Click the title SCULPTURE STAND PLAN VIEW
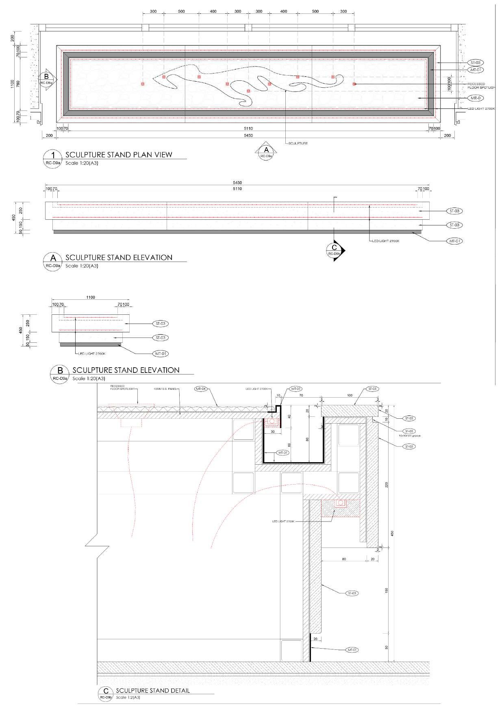click(119, 154)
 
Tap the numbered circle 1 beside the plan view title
click(52, 155)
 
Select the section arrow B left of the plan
click(47, 78)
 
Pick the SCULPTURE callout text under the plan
click(298, 143)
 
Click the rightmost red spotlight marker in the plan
click(354, 84)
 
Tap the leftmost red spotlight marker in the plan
click(143, 84)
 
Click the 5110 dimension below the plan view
click(248, 128)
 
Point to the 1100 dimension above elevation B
click(90, 297)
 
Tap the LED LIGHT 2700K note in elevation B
click(92, 354)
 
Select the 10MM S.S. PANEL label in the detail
click(165, 389)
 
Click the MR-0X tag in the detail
click(201, 389)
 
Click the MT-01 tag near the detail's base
click(352, 650)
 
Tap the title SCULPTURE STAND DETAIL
click(153, 690)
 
